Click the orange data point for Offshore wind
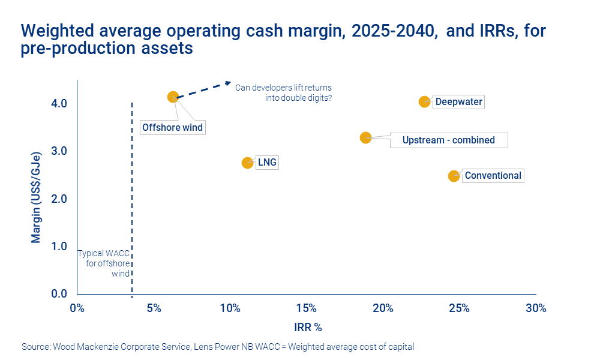[173, 97]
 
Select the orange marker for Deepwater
[424, 101]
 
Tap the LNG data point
[247, 163]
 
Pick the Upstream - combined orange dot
[365, 137]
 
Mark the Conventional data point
[454, 176]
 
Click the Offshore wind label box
[173, 127]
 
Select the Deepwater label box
[458, 102]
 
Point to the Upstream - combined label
[448, 140]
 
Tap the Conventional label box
[493, 176]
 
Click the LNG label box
[267, 163]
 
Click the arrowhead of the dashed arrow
[228, 83]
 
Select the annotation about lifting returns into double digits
[283, 92]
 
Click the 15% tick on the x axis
[307, 308]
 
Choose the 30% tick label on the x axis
[536, 308]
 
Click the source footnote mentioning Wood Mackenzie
[218, 347]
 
